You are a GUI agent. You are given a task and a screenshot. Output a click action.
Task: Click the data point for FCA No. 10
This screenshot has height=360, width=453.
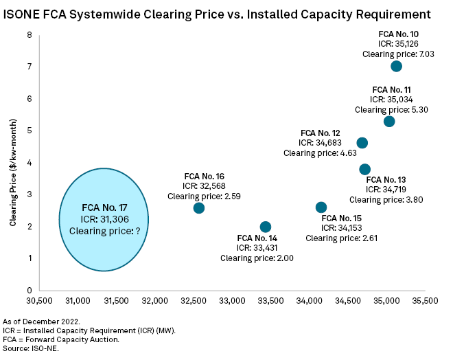coord(396,67)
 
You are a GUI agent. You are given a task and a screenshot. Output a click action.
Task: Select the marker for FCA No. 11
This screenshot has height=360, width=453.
coord(389,122)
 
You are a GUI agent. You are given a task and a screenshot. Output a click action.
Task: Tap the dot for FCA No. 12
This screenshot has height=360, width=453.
coord(362,143)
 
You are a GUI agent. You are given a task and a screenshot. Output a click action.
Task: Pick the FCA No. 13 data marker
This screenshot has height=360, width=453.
coord(364,170)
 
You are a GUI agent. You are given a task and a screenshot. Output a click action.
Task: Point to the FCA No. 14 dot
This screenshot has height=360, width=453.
coord(266,227)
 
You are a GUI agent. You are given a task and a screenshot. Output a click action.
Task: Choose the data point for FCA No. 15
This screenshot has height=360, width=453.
coord(321,207)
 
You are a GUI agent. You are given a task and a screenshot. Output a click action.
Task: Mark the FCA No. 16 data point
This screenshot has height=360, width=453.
coord(199,207)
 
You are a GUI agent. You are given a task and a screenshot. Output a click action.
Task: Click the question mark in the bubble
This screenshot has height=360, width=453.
coord(137,232)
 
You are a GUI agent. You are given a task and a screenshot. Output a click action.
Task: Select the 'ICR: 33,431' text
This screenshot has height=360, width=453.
coord(255,247)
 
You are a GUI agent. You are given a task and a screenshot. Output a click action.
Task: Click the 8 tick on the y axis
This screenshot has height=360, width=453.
coord(30,34)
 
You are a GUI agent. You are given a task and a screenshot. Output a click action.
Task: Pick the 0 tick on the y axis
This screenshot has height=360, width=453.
coord(30,290)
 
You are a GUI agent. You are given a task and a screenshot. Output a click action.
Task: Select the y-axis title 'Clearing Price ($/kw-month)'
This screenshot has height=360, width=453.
coord(13,162)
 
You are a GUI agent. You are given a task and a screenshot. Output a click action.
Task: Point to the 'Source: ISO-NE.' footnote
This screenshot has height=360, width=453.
coord(31,347)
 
